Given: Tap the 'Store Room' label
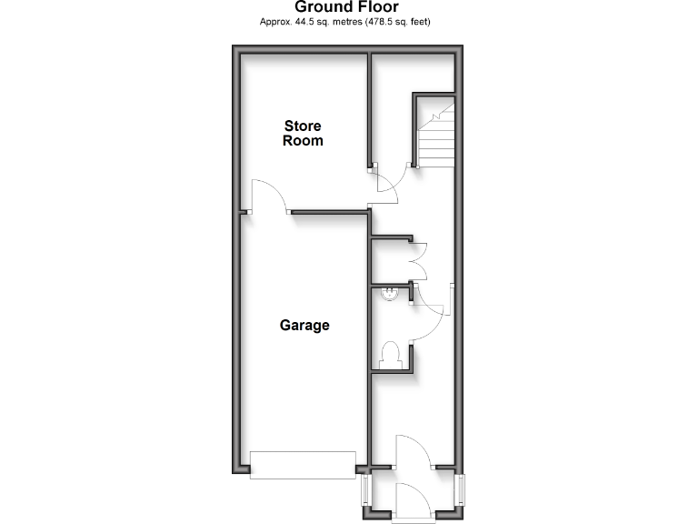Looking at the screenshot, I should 303,133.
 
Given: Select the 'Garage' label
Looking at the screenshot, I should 304,325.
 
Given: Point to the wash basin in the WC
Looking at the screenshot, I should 389,293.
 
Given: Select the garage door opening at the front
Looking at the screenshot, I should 303,465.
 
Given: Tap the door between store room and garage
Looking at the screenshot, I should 269,196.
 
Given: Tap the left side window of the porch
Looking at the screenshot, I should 365,492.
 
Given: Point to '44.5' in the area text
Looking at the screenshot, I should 305,21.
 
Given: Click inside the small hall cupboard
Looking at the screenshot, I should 391,262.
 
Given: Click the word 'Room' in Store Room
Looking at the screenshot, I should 303,141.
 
